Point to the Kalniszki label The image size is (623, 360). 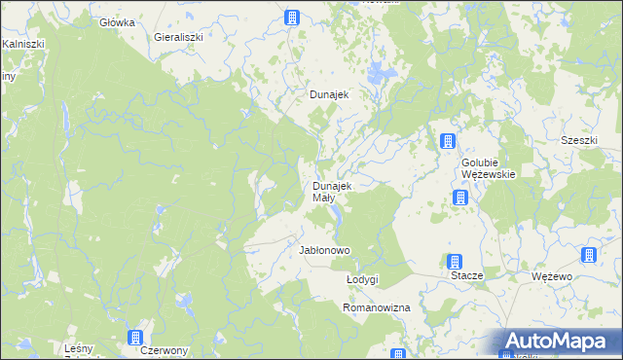(x=20, y=44)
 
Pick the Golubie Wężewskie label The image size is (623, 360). (x=489, y=168)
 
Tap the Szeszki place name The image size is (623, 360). (x=578, y=140)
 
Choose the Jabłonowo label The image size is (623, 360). (x=324, y=250)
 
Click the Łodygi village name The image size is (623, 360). (x=362, y=279)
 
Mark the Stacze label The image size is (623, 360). (x=467, y=276)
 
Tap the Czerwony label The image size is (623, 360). (x=164, y=350)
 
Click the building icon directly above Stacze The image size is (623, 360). (x=454, y=261)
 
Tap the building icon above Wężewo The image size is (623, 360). (x=588, y=255)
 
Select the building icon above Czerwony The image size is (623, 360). (x=134, y=338)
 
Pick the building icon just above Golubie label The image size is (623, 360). (x=447, y=141)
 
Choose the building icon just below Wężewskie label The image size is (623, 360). (x=460, y=198)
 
